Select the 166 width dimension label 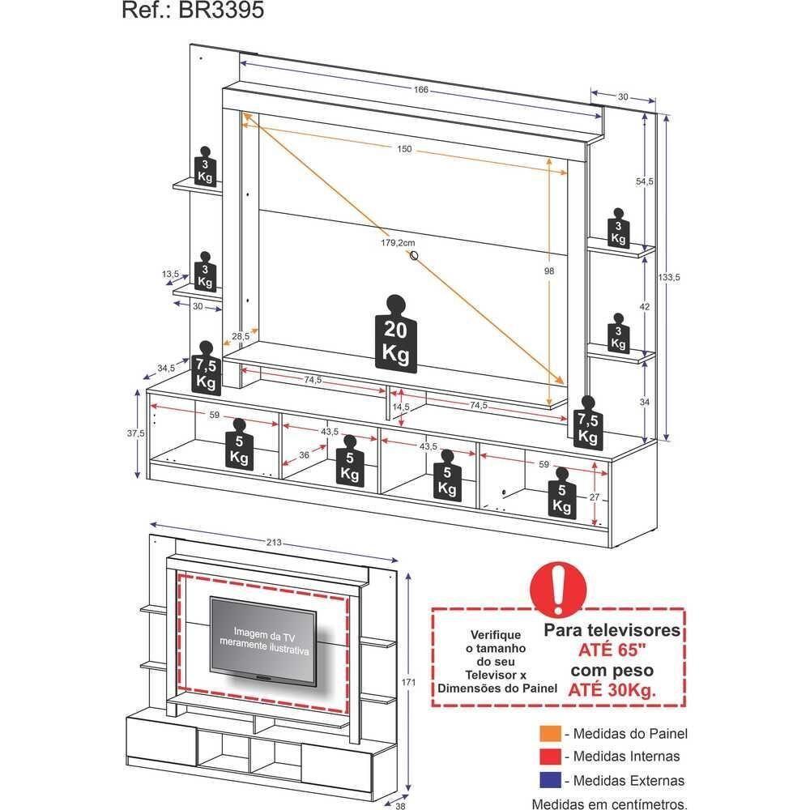point(421,89)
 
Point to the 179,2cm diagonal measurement point(399,242)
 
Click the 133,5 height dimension point(669,277)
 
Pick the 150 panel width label point(404,149)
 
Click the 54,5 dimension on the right point(645,181)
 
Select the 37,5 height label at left point(135,433)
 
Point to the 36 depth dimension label point(304,455)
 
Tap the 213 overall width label point(275,543)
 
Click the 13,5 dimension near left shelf point(171,275)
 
